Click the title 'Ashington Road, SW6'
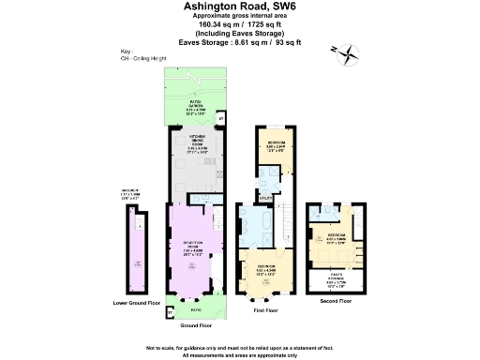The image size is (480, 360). point(240,7)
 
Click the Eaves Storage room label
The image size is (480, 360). point(334,277)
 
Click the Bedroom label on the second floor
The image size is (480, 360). point(335,236)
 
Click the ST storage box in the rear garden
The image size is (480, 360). point(221,120)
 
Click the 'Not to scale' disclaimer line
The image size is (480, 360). point(240,348)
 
